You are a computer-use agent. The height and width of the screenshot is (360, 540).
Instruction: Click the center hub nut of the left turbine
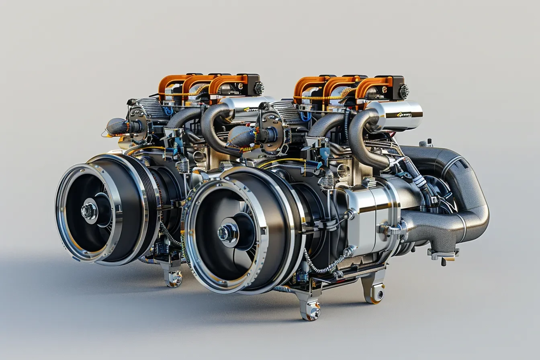point(89,211)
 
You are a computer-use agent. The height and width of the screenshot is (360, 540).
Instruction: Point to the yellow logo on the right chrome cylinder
point(403,115)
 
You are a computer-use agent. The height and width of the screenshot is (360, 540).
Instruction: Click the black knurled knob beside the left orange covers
point(259,88)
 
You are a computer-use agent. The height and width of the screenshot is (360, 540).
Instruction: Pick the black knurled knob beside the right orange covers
point(403,92)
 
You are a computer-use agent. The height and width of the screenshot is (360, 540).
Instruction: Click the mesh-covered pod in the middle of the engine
point(241,137)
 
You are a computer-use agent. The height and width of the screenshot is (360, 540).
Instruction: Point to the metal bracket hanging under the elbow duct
point(443,256)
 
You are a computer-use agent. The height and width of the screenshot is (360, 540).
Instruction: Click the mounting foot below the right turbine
point(310,309)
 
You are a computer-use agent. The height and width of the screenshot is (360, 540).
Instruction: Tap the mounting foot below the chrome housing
point(374,289)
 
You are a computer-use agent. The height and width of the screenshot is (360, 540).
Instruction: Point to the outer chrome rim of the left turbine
point(60,213)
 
